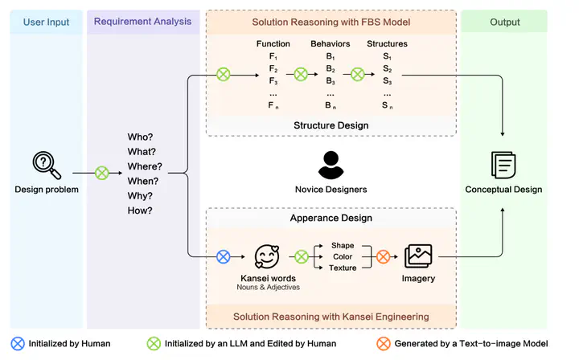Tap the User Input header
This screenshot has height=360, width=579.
click(47, 22)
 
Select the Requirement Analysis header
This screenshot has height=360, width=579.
click(142, 22)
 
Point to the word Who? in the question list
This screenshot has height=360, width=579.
click(141, 137)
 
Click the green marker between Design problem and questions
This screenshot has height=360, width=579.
click(102, 173)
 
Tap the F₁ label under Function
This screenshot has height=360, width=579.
click(273, 57)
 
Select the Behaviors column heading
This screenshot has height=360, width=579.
click(331, 43)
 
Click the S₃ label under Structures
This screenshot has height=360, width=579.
click(387, 81)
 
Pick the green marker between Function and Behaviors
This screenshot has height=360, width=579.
click(301, 75)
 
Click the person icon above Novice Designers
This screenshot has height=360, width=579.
click(331, 165)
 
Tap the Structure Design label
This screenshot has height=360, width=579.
click(331, 125)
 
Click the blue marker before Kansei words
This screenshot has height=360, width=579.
click(224, 257)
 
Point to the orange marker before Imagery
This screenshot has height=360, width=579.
click(384, 257)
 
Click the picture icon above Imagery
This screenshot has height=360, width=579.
click(418, 256)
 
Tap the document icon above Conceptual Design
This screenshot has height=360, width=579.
click(503, 165)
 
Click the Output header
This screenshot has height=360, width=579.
click(504, 22)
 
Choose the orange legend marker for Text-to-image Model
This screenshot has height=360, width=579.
click(383, 344)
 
